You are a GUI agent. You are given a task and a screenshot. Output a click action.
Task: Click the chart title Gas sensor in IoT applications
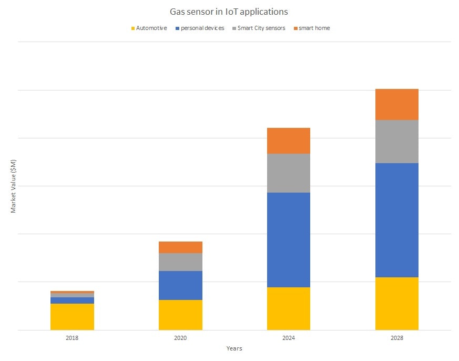[x=229, y=11]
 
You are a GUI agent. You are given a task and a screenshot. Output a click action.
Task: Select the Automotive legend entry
[x=151, y=28]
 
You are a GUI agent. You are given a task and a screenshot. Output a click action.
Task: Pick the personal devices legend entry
[x=202, y=28]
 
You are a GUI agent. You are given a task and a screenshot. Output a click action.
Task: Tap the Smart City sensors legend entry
[x=261, y=28]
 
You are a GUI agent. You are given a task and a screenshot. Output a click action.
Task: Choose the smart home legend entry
[x=314, y=28]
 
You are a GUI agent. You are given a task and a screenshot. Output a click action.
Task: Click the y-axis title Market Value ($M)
[x=13, y=186]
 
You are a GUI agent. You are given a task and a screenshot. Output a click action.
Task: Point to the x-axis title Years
[x=234, y=348]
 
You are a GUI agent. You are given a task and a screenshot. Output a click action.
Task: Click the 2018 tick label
[x=73, y=337]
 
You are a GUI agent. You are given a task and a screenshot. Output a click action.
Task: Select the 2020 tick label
[x=180, y=337]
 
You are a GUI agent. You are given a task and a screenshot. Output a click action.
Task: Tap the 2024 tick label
[x=289, y=337]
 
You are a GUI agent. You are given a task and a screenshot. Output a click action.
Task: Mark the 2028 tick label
[x=396, y=337]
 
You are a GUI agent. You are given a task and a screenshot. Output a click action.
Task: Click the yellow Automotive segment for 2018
[x=73, y=317]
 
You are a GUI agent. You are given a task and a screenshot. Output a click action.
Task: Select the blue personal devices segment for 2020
[x=180, y=285]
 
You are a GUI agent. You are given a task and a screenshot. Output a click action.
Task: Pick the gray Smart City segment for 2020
[x=180, y=262]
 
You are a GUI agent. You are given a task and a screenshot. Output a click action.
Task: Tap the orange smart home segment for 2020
[x=180, y=247]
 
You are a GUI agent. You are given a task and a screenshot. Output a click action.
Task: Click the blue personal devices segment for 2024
[x=289, y=239]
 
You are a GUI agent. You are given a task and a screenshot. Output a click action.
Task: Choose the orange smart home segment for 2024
[x=289, y=141]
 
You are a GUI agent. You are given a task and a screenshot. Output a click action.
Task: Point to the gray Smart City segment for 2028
[x=396, y=142]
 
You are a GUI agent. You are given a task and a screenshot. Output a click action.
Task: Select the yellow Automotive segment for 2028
[x=396, y=304]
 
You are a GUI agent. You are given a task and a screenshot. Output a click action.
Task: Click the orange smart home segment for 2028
[x=396, y=104]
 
